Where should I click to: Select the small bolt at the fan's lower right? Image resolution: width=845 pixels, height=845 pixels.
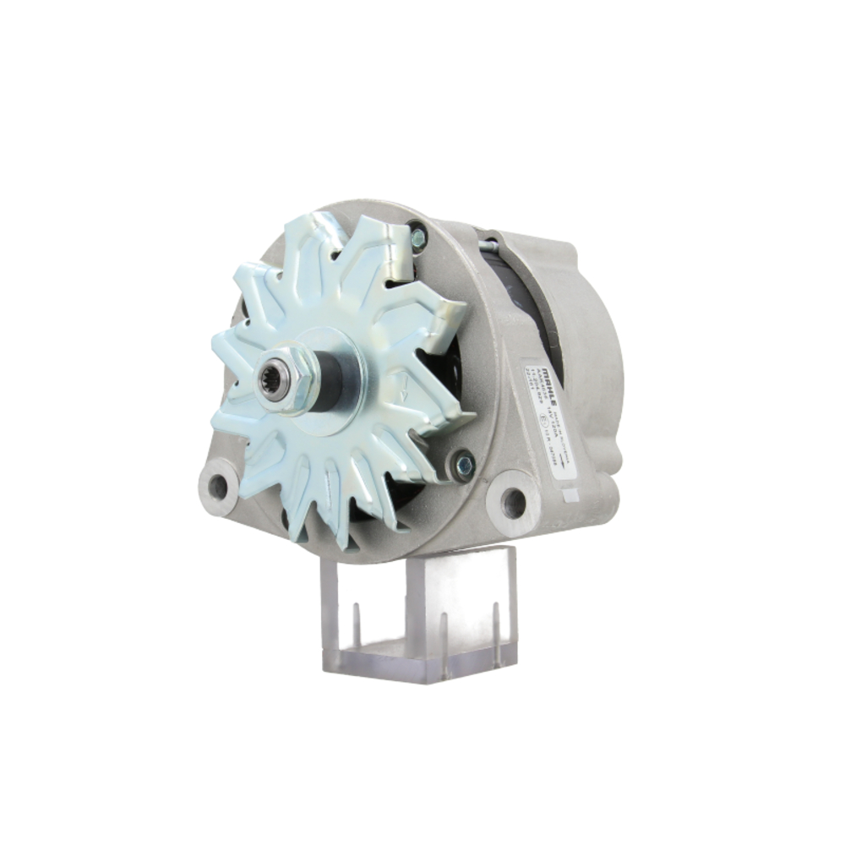(x=463, y=463)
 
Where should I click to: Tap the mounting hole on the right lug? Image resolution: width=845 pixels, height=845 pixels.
(x=513, y=504)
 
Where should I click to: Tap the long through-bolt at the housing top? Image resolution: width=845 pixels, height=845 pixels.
(x=490, y=246)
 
